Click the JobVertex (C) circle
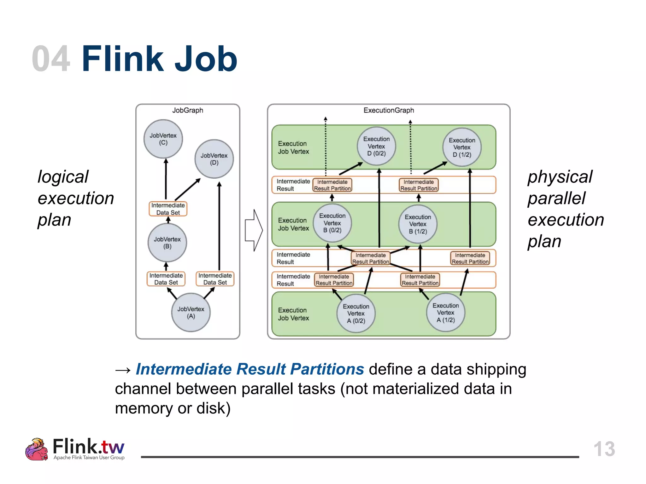(x=163, y=139)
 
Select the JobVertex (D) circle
(x=214, y=159)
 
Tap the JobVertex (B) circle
(x=167, y=243)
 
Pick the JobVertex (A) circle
(x=191, y=312)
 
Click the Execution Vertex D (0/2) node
(x=376, y=146)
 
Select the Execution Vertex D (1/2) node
(x=462, y=147)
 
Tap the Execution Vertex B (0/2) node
(x=332, y=223)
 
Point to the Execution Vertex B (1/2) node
(x=418, y=224)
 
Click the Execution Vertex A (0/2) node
(x=356, y=314)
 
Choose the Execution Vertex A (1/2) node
(x=445, y=313)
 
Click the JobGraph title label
(x=188, y=110)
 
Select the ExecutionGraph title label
(x=389, y=110)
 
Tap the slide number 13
(x=604, y=449)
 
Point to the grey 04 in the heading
(x=51, y=59)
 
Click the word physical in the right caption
(x=560, y=177)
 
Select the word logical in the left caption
(x=63, y=177)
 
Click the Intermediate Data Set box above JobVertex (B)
(x=168, y=209)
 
